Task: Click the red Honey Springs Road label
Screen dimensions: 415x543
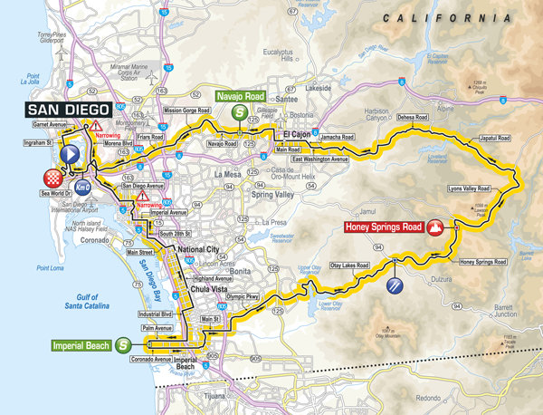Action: click(384, 227)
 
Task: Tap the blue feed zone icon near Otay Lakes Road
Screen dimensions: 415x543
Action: click(395, 286)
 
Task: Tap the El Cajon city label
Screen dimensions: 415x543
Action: click(297, 136)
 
